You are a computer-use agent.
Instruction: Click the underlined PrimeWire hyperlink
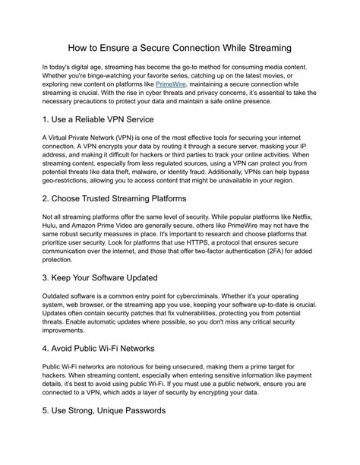tap(170, 84)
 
